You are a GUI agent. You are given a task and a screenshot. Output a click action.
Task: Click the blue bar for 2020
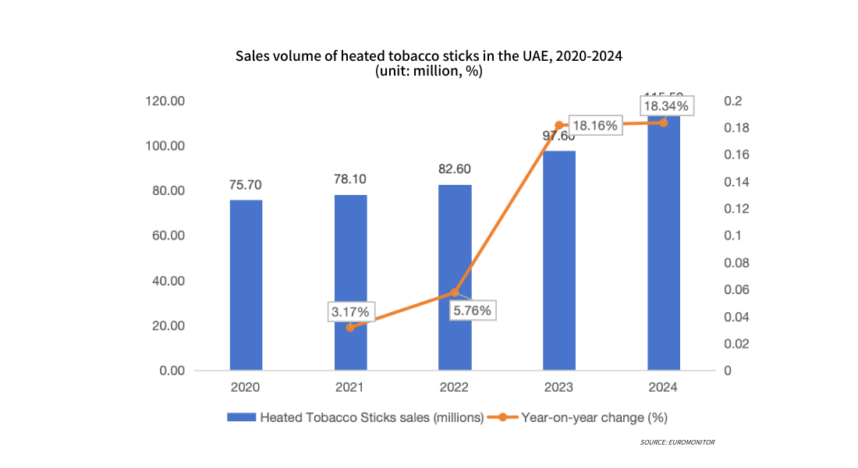pyautogui.click(x=246, y=285)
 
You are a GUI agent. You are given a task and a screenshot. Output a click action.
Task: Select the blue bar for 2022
pyautogui.click(x=455, y=277)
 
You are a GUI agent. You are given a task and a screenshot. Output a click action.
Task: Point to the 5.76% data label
pyautogui.click(x=471, y=310)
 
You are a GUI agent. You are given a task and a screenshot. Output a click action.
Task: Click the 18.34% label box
pyautogui.click(x=665, y=105)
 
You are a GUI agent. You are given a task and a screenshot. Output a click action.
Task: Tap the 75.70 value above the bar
pyautogui.click(x=246, y=185)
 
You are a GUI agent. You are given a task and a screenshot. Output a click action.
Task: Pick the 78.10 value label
pyautogui.click(x=350, y=179)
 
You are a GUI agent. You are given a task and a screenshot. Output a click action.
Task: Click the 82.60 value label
pyautogui.click(x=455, y=169)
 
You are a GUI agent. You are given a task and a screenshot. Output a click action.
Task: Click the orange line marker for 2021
pyautogui.click(x=350, y=328)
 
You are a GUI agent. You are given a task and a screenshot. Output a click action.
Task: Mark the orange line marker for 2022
pyautogui.click(x=455, y=292)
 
